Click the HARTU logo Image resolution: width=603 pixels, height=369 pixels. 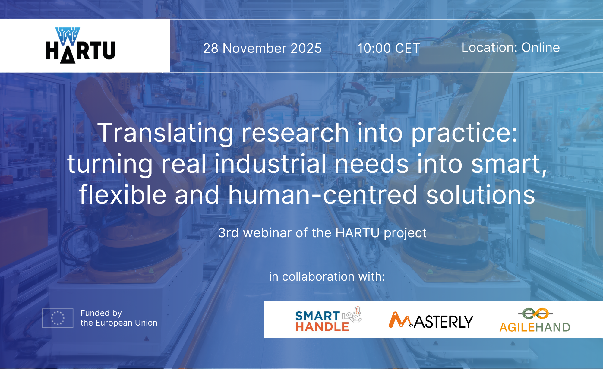click(x=81, y=45)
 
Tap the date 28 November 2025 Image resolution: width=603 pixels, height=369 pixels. click(x=262, y=48)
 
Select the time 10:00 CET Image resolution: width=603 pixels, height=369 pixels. click(x=389, y=48)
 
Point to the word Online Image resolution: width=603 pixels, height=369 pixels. click(x=541, y=47)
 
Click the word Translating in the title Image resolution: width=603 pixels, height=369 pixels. click(x=166, y=133)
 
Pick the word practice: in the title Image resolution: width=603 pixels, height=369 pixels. click(x=464, y=133)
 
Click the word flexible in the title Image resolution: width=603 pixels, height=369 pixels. click(x=123, y=194)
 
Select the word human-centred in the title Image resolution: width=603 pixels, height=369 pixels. click(x=323, y=195)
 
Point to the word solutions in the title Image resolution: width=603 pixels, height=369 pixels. click(x=481, y=195)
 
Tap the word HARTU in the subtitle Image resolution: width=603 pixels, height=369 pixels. click(x=357, y=233)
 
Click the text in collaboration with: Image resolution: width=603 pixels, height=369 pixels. click(x=327, y=277)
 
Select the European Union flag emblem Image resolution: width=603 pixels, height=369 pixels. click(x=58, y=318)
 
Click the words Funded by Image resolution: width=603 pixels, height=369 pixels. click(x=101, y=313)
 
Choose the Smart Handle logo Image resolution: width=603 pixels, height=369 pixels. click(x=328, y=319)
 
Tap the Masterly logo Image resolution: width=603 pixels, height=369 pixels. click(x=431, y=320)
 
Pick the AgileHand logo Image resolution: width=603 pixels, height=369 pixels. click(x=535, y=320)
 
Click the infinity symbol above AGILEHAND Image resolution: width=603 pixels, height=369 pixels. click(x=536, y=314)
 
